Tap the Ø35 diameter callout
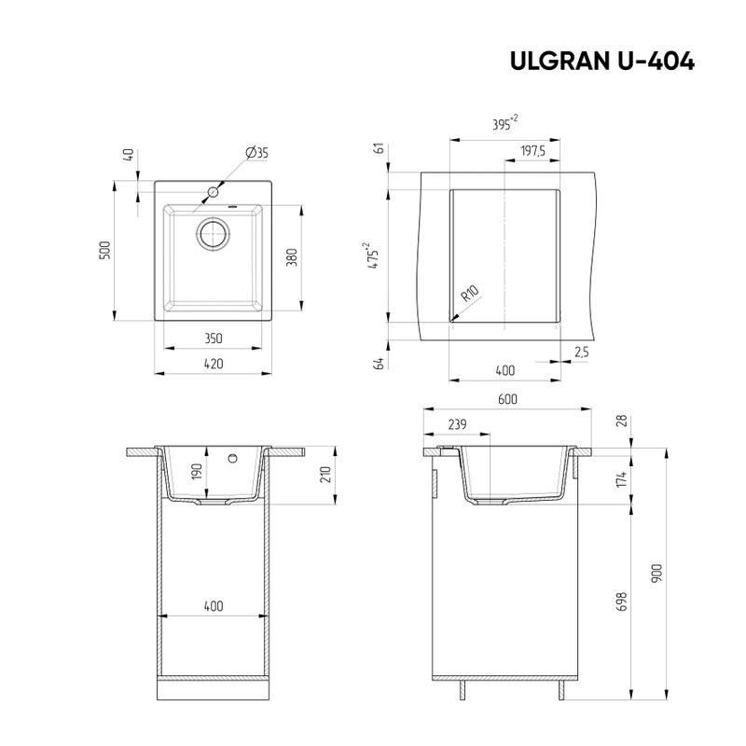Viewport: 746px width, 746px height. [256, 153]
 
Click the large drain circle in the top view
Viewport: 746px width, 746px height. [213, 233]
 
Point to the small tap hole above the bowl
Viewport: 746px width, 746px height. [213, 193]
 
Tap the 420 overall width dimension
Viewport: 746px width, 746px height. [214, 365]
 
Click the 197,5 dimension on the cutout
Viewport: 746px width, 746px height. [532, 151]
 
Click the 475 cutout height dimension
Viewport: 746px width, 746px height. [375, 255]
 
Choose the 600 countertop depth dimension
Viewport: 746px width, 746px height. [507, 399]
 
